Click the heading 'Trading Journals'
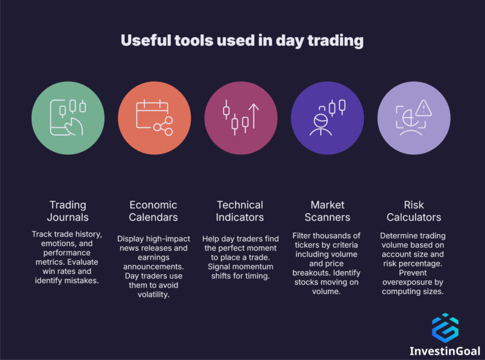[68, 211]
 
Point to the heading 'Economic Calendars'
[154, 211]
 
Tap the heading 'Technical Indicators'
[241, 211]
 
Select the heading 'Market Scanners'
[327, 211]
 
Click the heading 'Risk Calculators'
[414, 211]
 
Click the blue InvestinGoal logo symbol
[445, 327]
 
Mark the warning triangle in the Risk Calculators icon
[424, 108]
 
